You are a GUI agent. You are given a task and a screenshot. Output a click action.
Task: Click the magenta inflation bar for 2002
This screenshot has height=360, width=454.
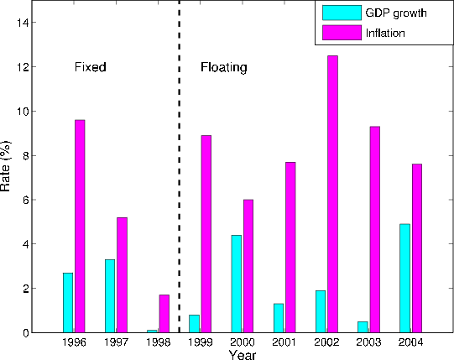[x=333, y=194]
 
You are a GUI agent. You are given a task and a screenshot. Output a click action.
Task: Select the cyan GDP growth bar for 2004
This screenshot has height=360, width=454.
[x=405, y=278]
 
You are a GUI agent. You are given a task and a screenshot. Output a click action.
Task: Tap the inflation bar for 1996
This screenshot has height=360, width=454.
[x=80, y=226]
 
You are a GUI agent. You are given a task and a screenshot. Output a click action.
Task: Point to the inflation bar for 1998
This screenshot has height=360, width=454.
[x=164, y=313]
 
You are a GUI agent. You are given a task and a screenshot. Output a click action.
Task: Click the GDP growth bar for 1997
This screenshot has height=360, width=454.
[x=110, y=295]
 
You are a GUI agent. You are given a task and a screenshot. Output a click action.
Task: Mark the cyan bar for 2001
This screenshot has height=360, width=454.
[x=279, y=318]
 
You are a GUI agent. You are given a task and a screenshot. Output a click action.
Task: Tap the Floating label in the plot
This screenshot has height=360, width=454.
[x=223, y=66]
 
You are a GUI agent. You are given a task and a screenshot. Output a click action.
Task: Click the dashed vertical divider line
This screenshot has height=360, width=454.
[x=180, y=168]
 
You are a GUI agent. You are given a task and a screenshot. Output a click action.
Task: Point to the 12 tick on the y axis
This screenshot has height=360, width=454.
[x=30, y=66]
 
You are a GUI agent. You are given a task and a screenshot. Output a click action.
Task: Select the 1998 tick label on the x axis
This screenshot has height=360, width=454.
[x=159, y=342]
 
